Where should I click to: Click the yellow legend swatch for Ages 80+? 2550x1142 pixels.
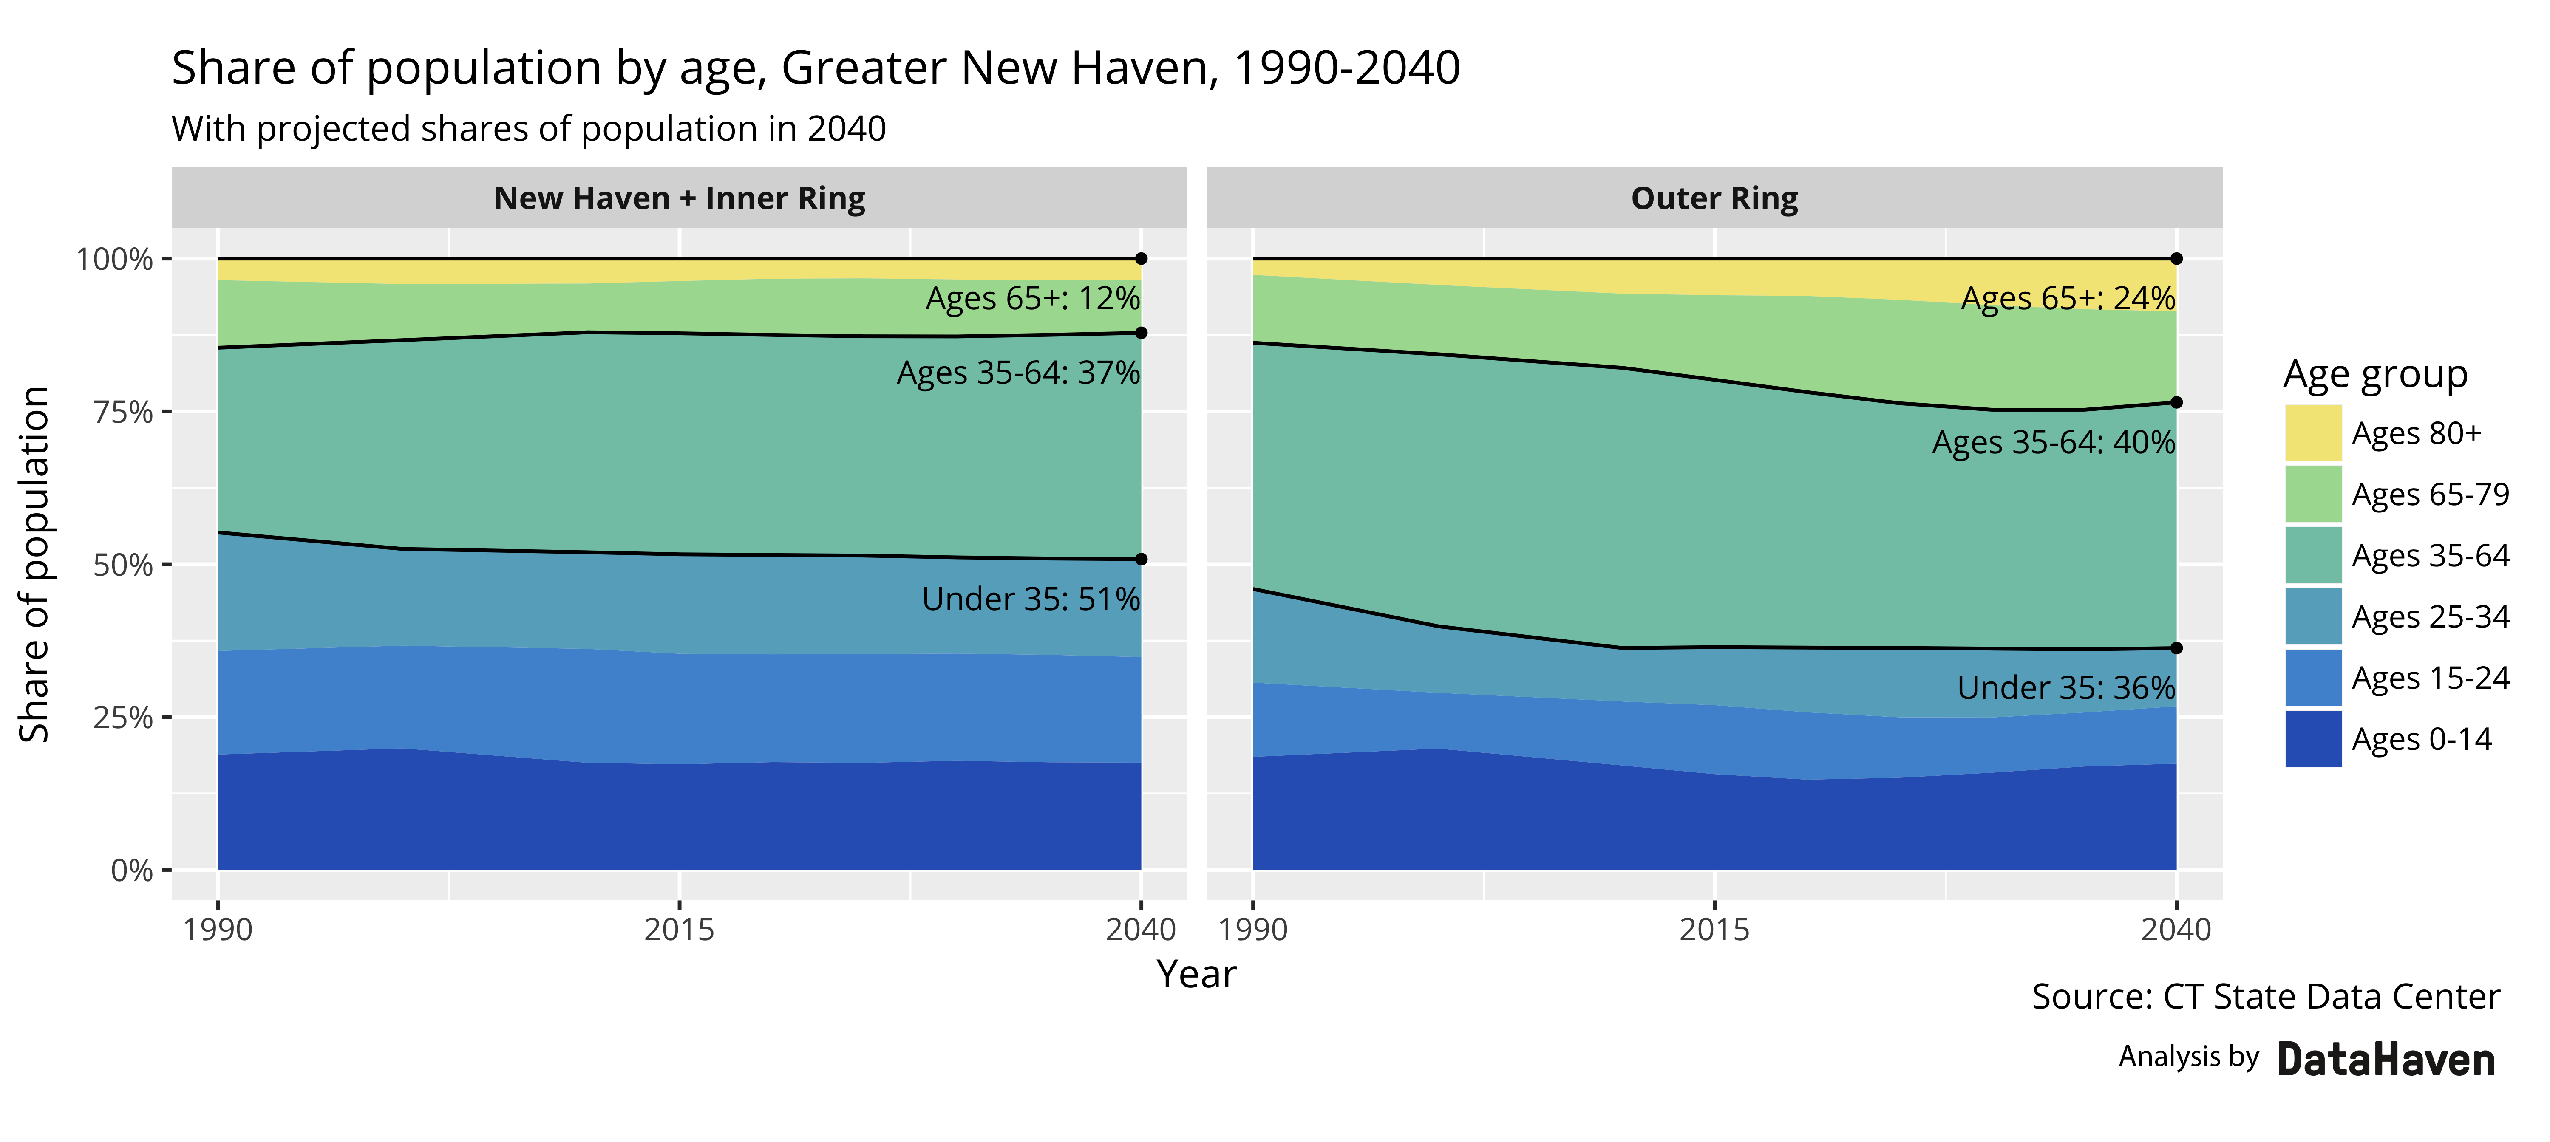coord(2312,433)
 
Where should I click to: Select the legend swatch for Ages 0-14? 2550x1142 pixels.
coord(2312,739)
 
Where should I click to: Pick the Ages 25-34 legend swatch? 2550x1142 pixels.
coord(2312,616)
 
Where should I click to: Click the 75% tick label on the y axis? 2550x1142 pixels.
coord(123,412)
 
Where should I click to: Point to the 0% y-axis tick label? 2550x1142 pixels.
coord(132,871)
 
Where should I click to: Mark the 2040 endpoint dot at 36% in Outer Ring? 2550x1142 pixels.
coord(2176,648)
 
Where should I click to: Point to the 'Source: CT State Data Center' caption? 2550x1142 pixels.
coord(2265,997)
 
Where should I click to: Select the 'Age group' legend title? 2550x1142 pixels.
coord(2375,374)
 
